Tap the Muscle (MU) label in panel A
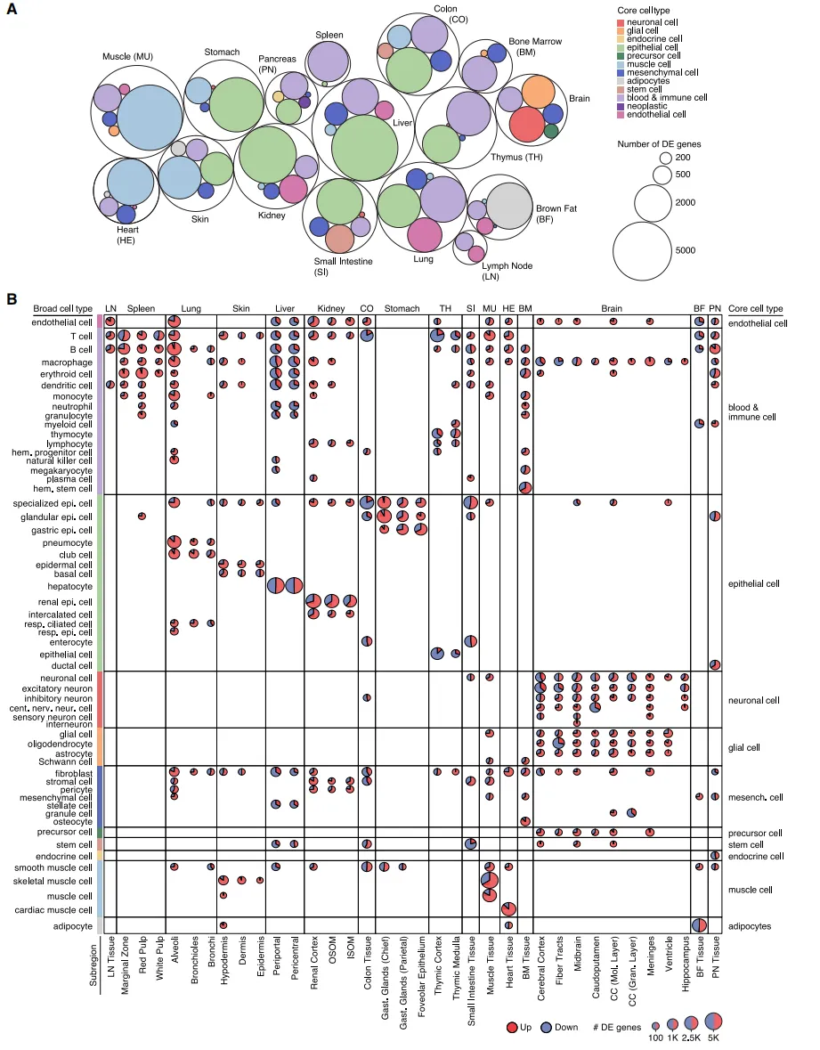tap(128, 57)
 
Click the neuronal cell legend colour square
tap(621, 21)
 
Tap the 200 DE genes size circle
tap(665, 158)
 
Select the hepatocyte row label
tap(69, 587)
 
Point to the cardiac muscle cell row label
tap(57, 910)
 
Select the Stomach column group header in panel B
tap(402, 308)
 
